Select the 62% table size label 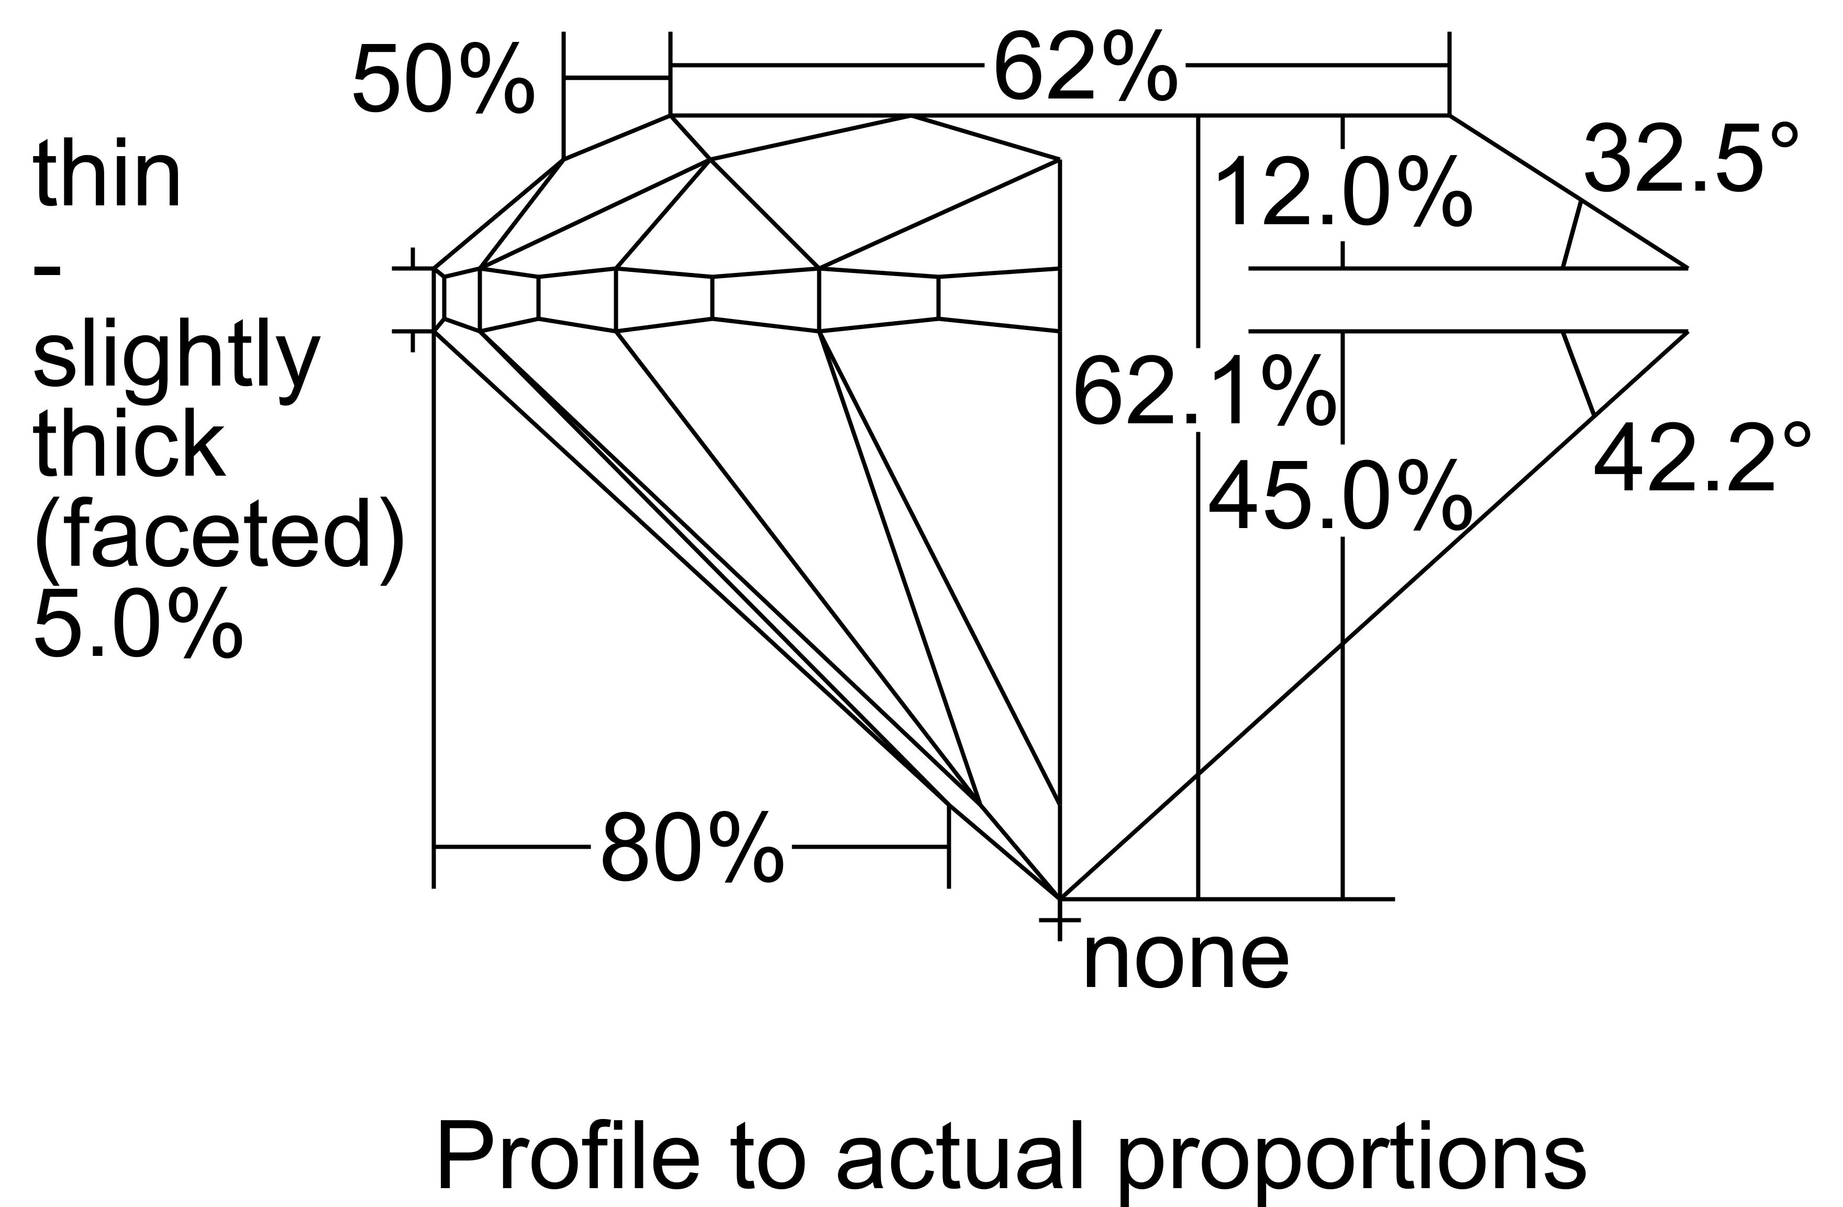click(x=1084, y=68)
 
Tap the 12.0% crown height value click(x=1344, y=192)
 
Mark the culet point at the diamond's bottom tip click(x=1059, y=898)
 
